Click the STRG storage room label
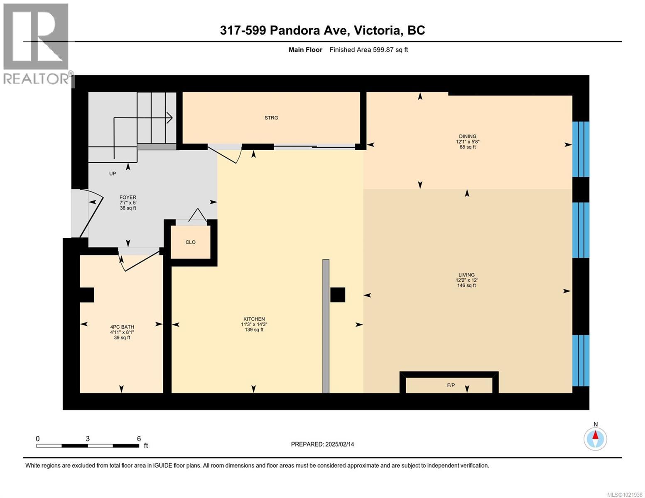[x=271, y=118]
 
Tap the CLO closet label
[x=190, y=242]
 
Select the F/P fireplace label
[x=451, y=385]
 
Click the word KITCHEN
[x=254, y=319]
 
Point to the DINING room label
[x=467, y=136]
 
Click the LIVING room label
[x=466, y=275]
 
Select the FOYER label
[x=128, y=198]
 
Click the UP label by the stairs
[x=113, y=173]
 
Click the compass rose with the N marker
[x=595, y=439]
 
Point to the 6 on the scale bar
[x=139, y=439]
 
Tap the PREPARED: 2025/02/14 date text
[x=322, y=444]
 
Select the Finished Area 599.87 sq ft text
[x=368, y=50]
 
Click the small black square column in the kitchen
[x=337, y=295]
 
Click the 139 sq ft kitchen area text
[x=254, y=330]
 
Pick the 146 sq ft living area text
[x=466, y=286]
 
